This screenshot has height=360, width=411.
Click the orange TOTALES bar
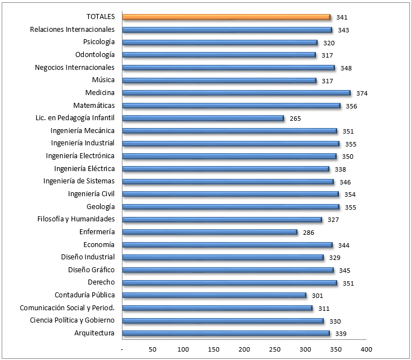226,17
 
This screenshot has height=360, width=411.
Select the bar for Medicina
236,93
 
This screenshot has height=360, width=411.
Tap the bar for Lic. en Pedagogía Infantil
203,118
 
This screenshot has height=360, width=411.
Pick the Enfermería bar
210,232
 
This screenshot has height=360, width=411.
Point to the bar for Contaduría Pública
214,295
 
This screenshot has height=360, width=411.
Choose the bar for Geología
230,207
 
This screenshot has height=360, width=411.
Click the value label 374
362,93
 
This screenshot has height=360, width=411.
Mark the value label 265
296,119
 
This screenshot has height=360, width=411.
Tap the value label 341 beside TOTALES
342,18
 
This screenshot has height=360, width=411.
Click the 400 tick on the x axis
366,349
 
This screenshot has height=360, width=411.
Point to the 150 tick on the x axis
214,349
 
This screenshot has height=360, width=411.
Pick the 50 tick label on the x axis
153,349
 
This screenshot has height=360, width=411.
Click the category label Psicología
99,42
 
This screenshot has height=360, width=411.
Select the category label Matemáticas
94,105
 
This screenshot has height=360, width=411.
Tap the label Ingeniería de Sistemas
79,181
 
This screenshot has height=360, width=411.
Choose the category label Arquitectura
95,333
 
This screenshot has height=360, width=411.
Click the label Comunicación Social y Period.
67,307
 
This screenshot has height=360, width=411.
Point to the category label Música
103,80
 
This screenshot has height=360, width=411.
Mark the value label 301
318,296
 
